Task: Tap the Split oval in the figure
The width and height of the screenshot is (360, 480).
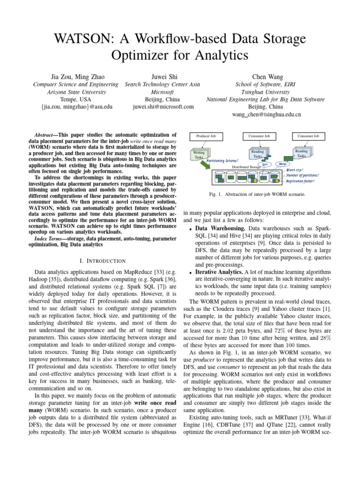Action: (265, 165)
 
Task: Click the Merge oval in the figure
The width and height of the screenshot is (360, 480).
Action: (284, 164)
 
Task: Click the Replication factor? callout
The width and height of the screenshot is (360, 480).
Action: (300, 180)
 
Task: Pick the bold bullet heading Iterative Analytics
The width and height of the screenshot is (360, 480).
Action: (216, 271)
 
